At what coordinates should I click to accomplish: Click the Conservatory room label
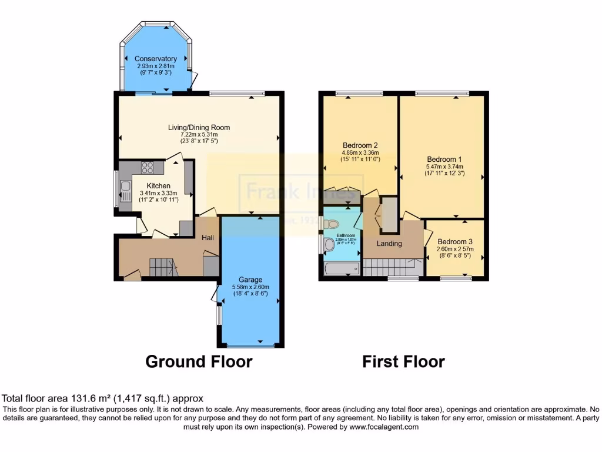156,59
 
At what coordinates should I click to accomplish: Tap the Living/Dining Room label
199,127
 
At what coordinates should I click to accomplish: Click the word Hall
208,238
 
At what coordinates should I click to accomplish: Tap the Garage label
250,280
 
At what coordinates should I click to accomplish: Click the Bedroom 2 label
360,145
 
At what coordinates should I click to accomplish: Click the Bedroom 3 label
455,242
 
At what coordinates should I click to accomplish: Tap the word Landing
389,244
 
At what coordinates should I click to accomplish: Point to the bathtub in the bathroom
342,270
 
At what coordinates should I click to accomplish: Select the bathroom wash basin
329,244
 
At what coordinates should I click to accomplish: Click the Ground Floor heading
199,361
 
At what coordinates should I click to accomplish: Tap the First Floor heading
403,361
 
